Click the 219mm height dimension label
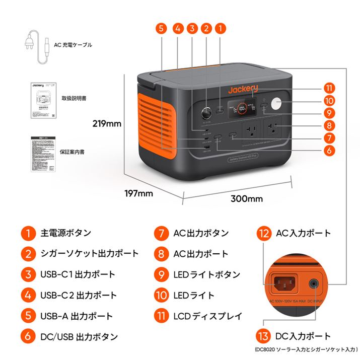tap(107, 122)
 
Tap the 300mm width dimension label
tap(247, 198)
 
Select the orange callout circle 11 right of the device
tap(330, 87)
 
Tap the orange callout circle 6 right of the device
tap(330, 150)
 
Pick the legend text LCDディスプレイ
tap(207, 317)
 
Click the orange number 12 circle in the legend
tap(263, 233)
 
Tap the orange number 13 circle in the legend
tap(263, 336)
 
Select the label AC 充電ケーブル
tap(74, 45)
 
